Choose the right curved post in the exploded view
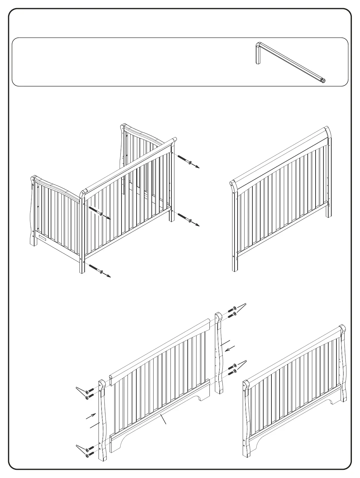tap(219, 354)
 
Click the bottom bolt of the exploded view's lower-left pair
tap(88, 456)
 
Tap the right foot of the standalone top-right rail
tap(329, 212)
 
